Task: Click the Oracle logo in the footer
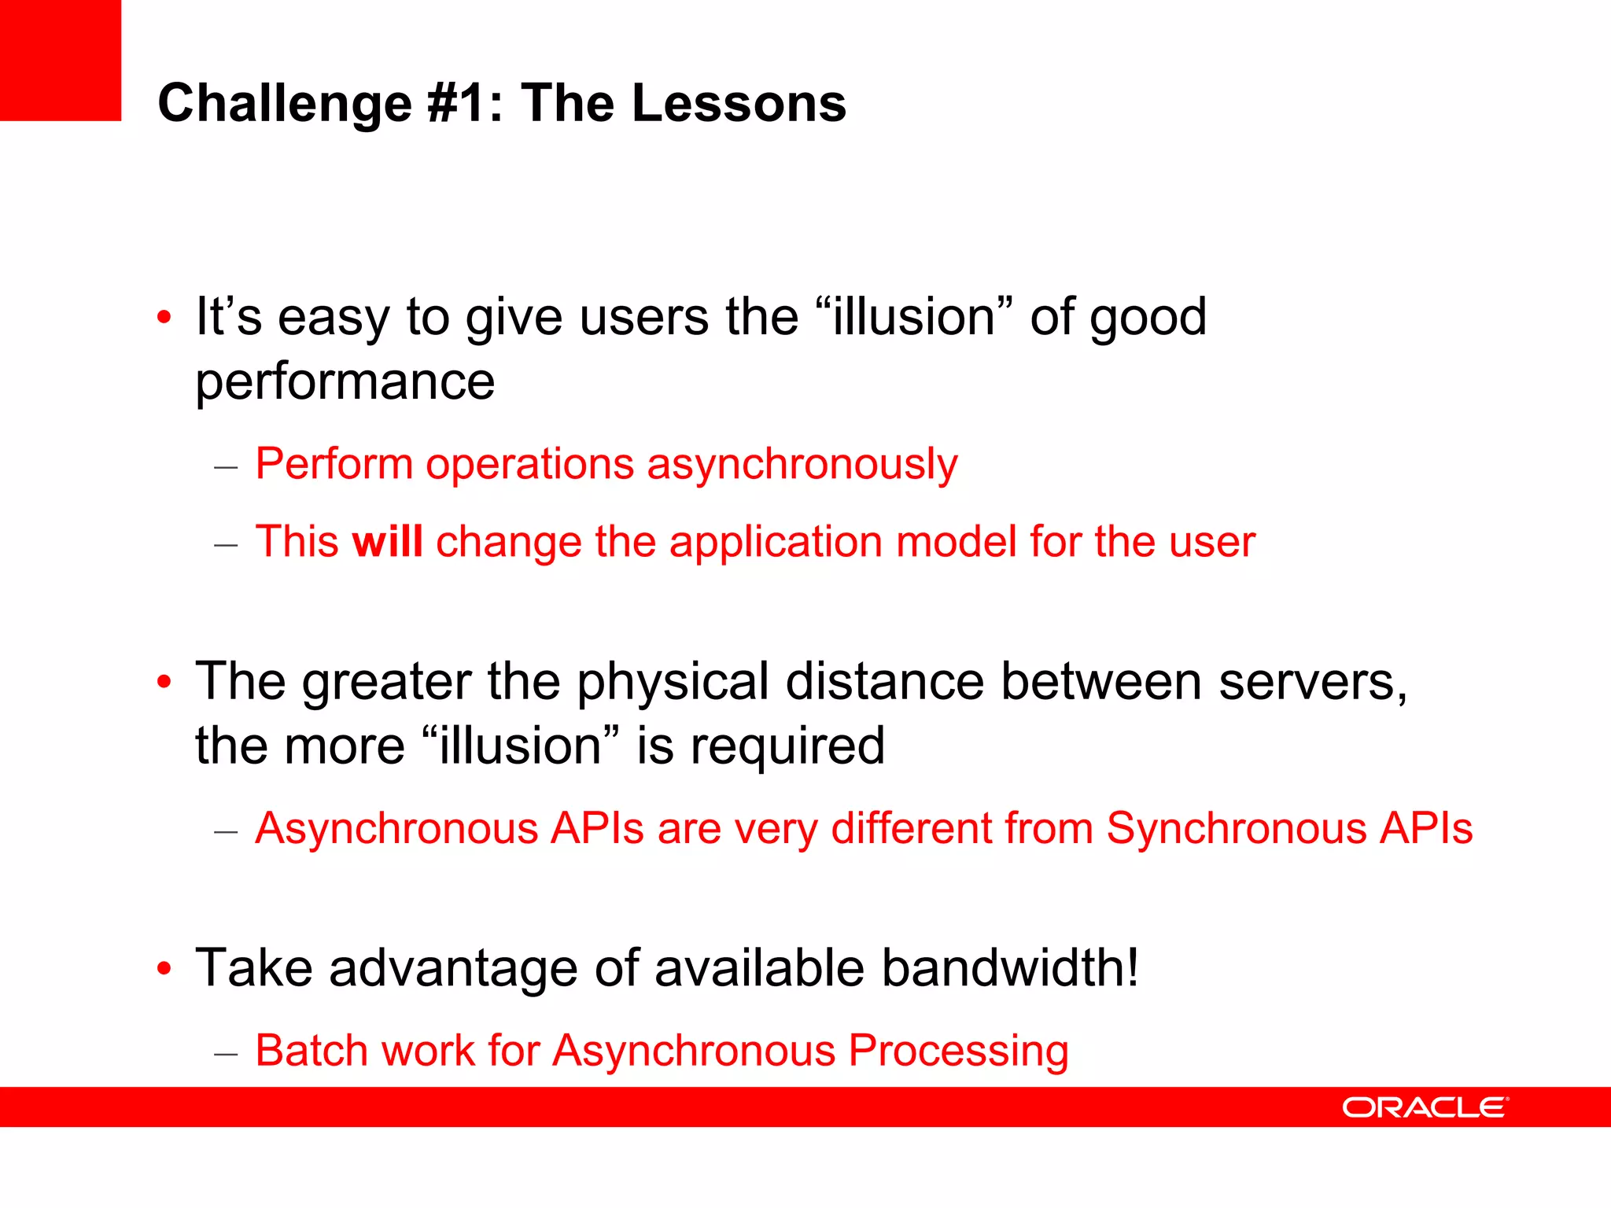click(1425, 1107)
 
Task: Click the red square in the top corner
click(60, 60)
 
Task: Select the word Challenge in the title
click(284, 104)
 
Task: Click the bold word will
click(387, 542)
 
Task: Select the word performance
click(345, 383)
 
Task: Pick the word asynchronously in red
click(802, 464)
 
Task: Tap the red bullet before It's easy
click(164, 318)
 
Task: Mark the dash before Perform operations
click(226, 466)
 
